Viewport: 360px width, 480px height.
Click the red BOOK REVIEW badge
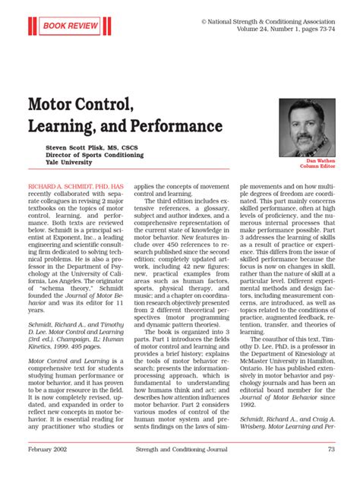[x=74, y=26]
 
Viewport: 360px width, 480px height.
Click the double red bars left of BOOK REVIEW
[x=31, y=26]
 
